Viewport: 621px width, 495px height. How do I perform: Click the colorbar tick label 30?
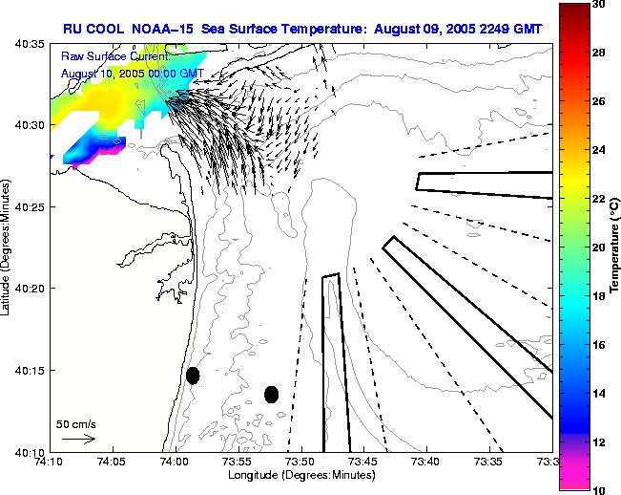(597, 5)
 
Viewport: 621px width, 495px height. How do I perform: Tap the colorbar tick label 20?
(597, 247)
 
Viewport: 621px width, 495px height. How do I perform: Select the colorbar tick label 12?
(597, 441)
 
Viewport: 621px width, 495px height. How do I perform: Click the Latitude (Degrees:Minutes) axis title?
(8, 247)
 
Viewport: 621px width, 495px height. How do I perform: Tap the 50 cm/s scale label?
(75, 423)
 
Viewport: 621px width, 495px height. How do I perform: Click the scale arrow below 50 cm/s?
(77, 439)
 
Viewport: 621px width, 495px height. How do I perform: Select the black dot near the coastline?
(193, 376)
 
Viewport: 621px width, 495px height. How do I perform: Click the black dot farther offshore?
(271, 394)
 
